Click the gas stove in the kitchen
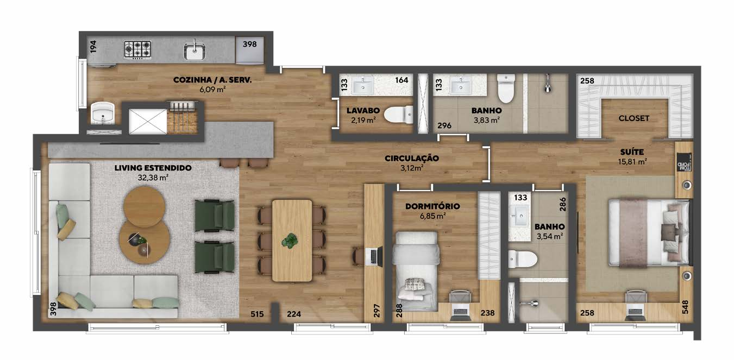point(137,50)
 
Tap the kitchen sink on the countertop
point(195,51)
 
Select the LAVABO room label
point(363,111)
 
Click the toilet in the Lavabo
point(398,115)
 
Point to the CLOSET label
point(633,118)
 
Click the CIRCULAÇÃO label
point(412,158)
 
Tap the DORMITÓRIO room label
point(432,206)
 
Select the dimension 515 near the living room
point(257,314)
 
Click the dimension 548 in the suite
point(685,307)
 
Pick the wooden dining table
point(292,241)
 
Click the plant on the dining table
point(290,241)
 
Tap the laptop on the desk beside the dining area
point(375,256)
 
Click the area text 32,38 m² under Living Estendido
point(153,178)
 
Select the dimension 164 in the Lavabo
point(401,80)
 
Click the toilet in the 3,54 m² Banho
point(523,260)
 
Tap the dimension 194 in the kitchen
point(93,47)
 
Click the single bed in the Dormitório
point(417,271)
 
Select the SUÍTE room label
point(632,152)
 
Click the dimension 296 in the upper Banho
point(444,125)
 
